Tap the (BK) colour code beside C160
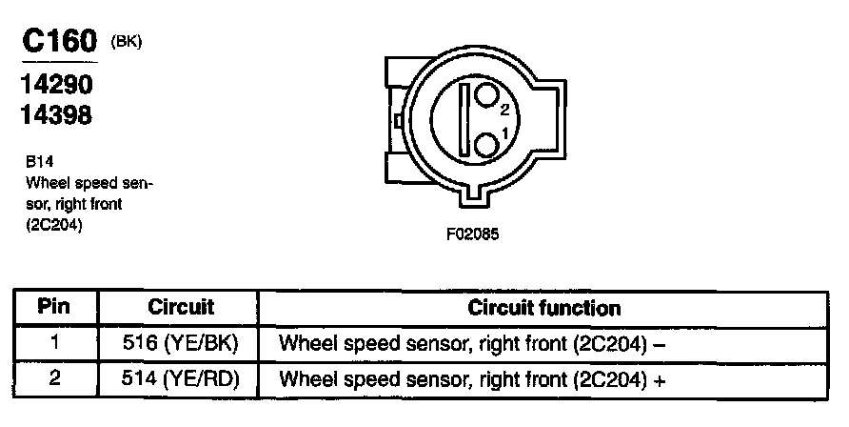pyautogui.click(x=127, y=42)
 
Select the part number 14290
pyautogui.click(x=56, y=85)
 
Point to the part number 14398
pyautogui.click(x=56, y=115)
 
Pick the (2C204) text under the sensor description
pyautogui.click(x=53, y=225)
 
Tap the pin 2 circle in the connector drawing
pyautogui.click(x=488, y=96)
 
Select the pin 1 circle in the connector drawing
pyautogui.click(x=487, y=144)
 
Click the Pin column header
pyautogui.click(x=54, y=308)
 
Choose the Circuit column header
pyautogui.click(x=181, y=308)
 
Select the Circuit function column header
pyautogui.click(x=544, y=308)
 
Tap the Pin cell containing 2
pyautogui.click(x=54, y=378)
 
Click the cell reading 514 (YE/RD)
pyautogui.click(x=182, y=378)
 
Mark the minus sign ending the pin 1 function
pyautogui.click(x=657, y=344)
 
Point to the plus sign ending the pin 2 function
pyautogui.click(x=657, y=379)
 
